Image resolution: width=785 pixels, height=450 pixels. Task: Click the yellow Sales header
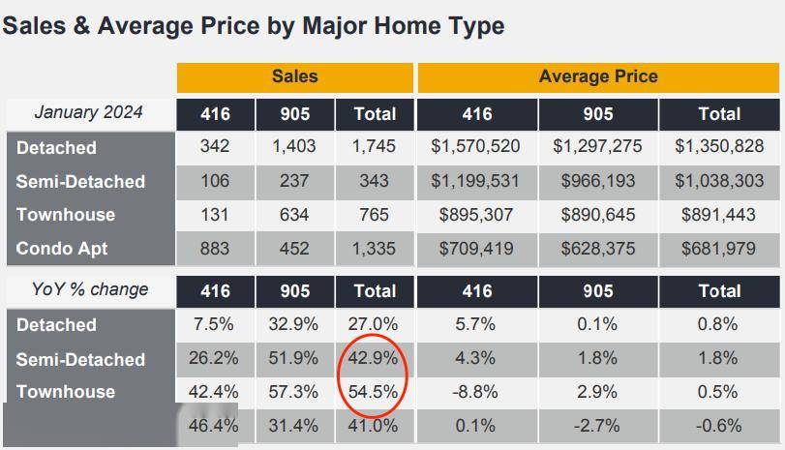pos(294,76)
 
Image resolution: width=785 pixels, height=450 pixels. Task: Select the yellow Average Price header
pos(597,76)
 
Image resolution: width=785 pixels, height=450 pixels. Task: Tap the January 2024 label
pos(88,112)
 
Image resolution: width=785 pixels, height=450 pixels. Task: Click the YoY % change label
pos(90,289)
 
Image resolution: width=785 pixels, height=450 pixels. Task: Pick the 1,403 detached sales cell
pos(294,147)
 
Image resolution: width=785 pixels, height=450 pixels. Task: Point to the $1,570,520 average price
pos(476,147)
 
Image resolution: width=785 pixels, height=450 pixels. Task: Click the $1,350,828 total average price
pos(718,147)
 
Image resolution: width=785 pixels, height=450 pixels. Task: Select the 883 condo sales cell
pos(215,249)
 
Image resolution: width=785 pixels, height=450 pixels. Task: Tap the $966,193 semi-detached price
pos(597,181)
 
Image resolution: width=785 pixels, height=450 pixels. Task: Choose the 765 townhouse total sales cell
pos(374,215)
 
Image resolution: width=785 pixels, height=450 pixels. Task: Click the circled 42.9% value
pos(374,358)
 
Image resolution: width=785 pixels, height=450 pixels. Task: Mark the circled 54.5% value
pos(374,392)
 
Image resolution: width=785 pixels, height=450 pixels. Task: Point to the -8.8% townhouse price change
pos(476,392)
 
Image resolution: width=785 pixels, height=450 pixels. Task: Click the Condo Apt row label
pos(62,249)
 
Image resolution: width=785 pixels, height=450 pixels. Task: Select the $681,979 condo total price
pos(718,249)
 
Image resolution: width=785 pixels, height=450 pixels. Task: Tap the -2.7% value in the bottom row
pos(597,426)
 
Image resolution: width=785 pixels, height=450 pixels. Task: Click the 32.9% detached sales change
pos(294,325)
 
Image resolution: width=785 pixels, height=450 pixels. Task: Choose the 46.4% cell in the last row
pos(215,426)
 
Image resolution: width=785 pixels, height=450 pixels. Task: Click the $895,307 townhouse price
pos(476,215)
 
